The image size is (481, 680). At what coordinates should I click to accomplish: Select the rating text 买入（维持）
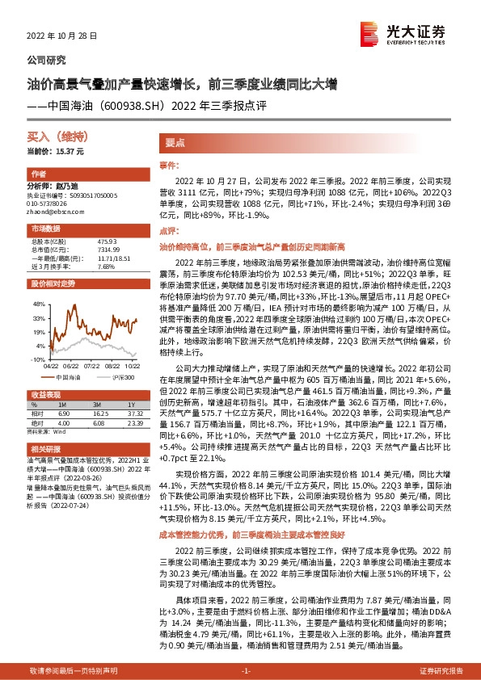pos(50,139)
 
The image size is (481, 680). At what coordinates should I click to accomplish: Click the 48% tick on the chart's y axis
pos(37,304)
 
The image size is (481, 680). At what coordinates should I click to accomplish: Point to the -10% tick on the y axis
pos(37,359)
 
